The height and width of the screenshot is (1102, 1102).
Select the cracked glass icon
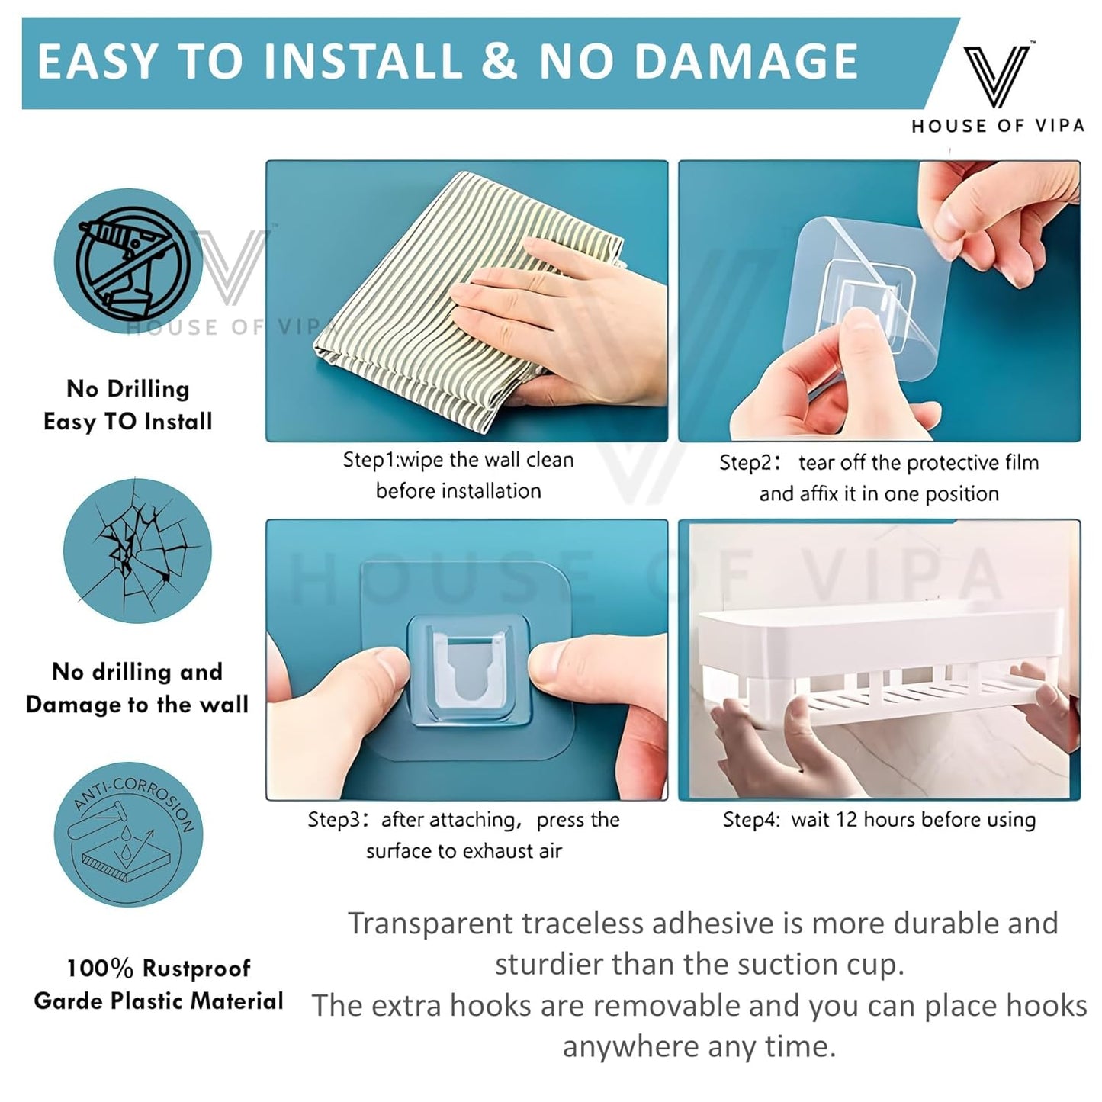tap(138, 551)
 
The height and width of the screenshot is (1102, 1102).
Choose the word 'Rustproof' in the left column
tap(196, 969)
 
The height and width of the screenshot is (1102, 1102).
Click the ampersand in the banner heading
tap(500, 62)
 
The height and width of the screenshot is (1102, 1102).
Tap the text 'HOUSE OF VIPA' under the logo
tap(998, 126)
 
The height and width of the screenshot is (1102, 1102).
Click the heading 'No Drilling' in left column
tap(128, 389)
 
